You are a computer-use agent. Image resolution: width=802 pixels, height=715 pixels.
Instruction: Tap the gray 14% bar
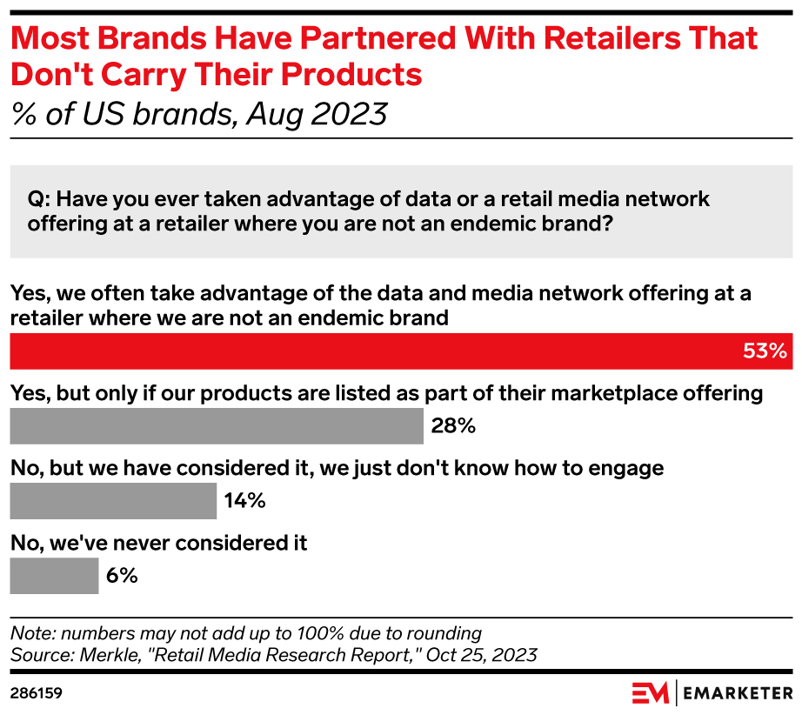(113, 501)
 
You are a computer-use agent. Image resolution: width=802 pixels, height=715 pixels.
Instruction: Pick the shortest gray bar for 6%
(54, 576)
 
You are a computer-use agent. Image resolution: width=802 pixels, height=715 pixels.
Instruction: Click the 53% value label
(765, 351)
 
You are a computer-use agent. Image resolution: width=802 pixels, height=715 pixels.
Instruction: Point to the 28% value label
(453, 426)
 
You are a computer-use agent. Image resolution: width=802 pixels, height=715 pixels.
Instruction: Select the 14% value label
(244, 501)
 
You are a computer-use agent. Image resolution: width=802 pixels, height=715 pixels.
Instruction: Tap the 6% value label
(123, 576)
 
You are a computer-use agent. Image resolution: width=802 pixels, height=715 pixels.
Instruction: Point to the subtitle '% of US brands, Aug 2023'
(199, 114)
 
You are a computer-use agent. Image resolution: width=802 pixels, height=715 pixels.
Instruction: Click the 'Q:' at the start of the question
(40, 199)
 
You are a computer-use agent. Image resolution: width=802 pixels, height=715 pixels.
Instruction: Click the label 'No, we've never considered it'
(159, 544)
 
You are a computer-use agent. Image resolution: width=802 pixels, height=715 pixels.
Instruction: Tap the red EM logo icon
(650, 693)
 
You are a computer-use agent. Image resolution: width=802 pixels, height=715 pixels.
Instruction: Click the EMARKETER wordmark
(738, 693)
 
